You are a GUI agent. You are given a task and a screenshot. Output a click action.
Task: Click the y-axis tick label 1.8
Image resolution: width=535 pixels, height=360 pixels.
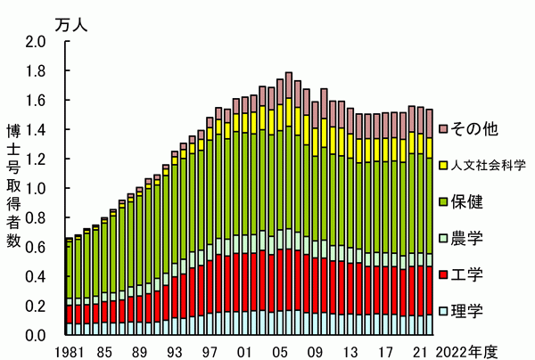35,70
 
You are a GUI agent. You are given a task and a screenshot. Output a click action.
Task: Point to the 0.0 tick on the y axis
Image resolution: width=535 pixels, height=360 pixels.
35,335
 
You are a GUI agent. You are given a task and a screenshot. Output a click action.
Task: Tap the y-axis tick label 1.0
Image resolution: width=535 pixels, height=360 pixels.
35,188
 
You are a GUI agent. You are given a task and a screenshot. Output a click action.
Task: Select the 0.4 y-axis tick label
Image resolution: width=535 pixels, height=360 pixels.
35,276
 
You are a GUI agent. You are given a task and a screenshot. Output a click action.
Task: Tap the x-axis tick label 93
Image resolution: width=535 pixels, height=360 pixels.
176,350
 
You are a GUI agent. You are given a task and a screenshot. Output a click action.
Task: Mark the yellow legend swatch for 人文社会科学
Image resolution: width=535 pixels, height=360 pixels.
444,165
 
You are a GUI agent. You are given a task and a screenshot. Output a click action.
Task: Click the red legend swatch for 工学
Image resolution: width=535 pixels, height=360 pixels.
444,274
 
